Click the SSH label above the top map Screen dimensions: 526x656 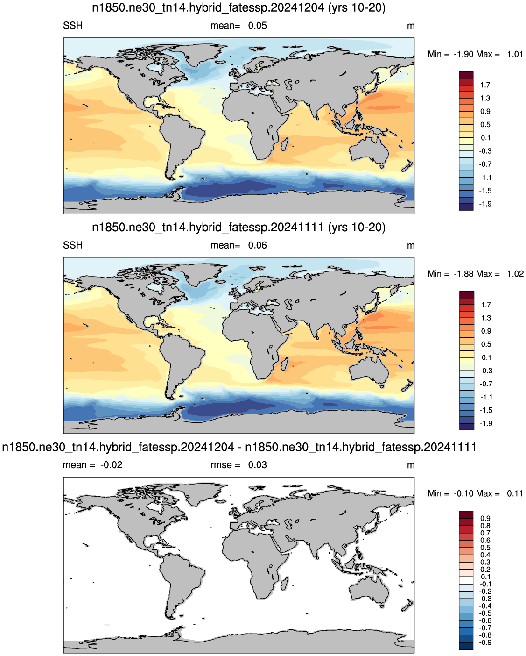click(73, 26)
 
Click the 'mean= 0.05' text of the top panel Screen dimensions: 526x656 click(238, 26)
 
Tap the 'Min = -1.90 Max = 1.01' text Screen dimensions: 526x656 click(475, 54)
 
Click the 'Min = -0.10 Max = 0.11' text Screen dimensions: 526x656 click(475, 493)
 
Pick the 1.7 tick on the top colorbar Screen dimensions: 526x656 click(485, 85)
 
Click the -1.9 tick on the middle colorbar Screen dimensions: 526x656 click(485, 423)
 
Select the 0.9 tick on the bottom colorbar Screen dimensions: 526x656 click(485, 518)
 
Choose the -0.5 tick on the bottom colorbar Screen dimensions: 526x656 click(485, 613)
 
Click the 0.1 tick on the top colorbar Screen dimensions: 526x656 click(485, 138)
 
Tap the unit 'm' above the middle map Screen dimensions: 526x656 click(411, 246)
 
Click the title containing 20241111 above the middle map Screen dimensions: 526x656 click(238, 228)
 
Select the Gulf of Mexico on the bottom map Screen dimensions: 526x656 click(152, 542)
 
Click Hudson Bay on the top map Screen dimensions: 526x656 click(155, 67)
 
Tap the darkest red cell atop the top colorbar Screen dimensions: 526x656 click(466, 75)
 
